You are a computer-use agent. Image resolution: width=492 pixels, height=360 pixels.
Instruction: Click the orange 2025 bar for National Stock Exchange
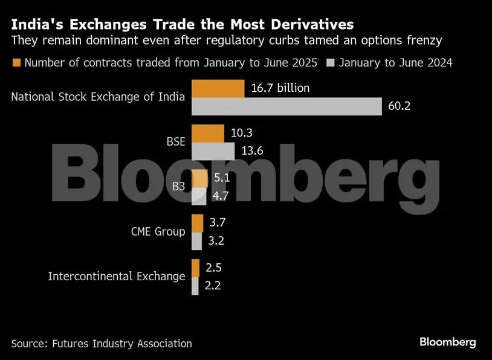click(x=218, y=88)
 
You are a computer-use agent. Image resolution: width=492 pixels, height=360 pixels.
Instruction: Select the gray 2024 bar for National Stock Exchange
click(x=287, y=106)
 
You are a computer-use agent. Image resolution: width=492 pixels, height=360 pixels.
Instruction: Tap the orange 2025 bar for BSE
click(x=207, y=133)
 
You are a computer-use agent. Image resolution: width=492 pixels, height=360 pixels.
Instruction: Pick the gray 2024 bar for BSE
click(x=213, y=151)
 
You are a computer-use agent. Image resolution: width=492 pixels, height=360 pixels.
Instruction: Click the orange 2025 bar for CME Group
click(x=198, y=223)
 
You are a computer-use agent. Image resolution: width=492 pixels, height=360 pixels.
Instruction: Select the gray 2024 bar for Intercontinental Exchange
click(x=195, y=286)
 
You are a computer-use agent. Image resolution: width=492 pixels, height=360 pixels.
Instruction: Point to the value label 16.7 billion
click(x=280, y=88)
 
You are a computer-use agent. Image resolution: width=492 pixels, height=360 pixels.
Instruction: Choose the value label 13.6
click(x=251, y=151)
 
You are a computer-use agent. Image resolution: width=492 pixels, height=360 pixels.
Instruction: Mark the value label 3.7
click(x=218, y=223)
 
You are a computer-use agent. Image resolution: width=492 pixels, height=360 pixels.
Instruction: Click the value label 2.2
click(x=213, y=286)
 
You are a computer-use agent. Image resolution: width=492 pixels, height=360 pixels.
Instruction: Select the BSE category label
click(x=176, y=142)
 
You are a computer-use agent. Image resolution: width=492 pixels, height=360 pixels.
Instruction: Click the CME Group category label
click(x=158, y=231)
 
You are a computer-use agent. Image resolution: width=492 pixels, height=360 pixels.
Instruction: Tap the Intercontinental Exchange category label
click(x=117, y=277)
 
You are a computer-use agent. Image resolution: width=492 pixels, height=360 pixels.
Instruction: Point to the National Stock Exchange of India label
click(x=98, y=97)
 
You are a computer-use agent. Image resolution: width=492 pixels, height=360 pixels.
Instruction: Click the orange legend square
click(x=16, y=63)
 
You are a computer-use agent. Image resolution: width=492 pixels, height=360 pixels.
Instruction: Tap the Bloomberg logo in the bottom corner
click(x=448, y=342)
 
